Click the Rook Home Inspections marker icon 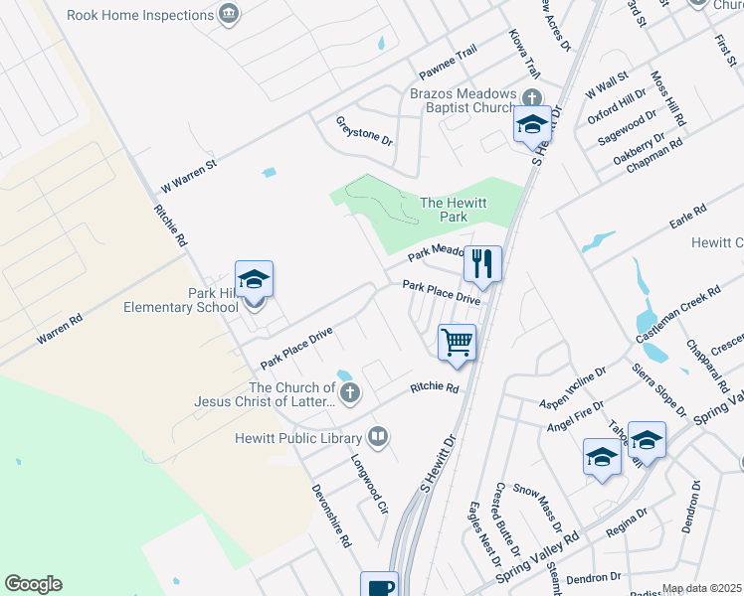(x=230, y=14)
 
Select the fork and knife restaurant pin (x=482, y=264)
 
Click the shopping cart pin (x=458, y=343)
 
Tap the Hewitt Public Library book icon (x=378, y=436)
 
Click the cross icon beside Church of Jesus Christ (x=349, y=394)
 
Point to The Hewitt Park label (x=454, y=209)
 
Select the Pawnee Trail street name (x=448, y=63)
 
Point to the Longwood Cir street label (x=368, y=484)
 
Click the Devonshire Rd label (x=331, y=516)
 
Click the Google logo (x=33, y=584)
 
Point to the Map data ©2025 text (x=702, y=588)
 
